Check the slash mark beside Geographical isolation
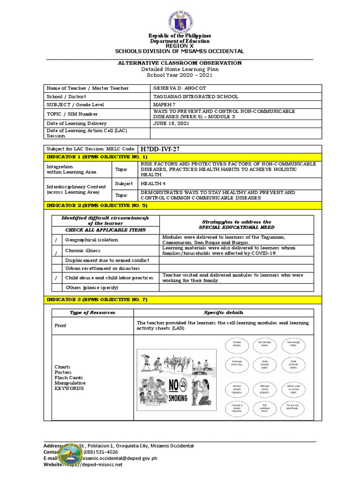click(x=56, y=240)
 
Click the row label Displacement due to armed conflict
click(x=107, y=260)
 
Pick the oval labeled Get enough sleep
click(x=293, y=345)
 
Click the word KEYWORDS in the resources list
click(x=69, y=389)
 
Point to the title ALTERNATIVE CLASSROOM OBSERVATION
click(x=180, y=63)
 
